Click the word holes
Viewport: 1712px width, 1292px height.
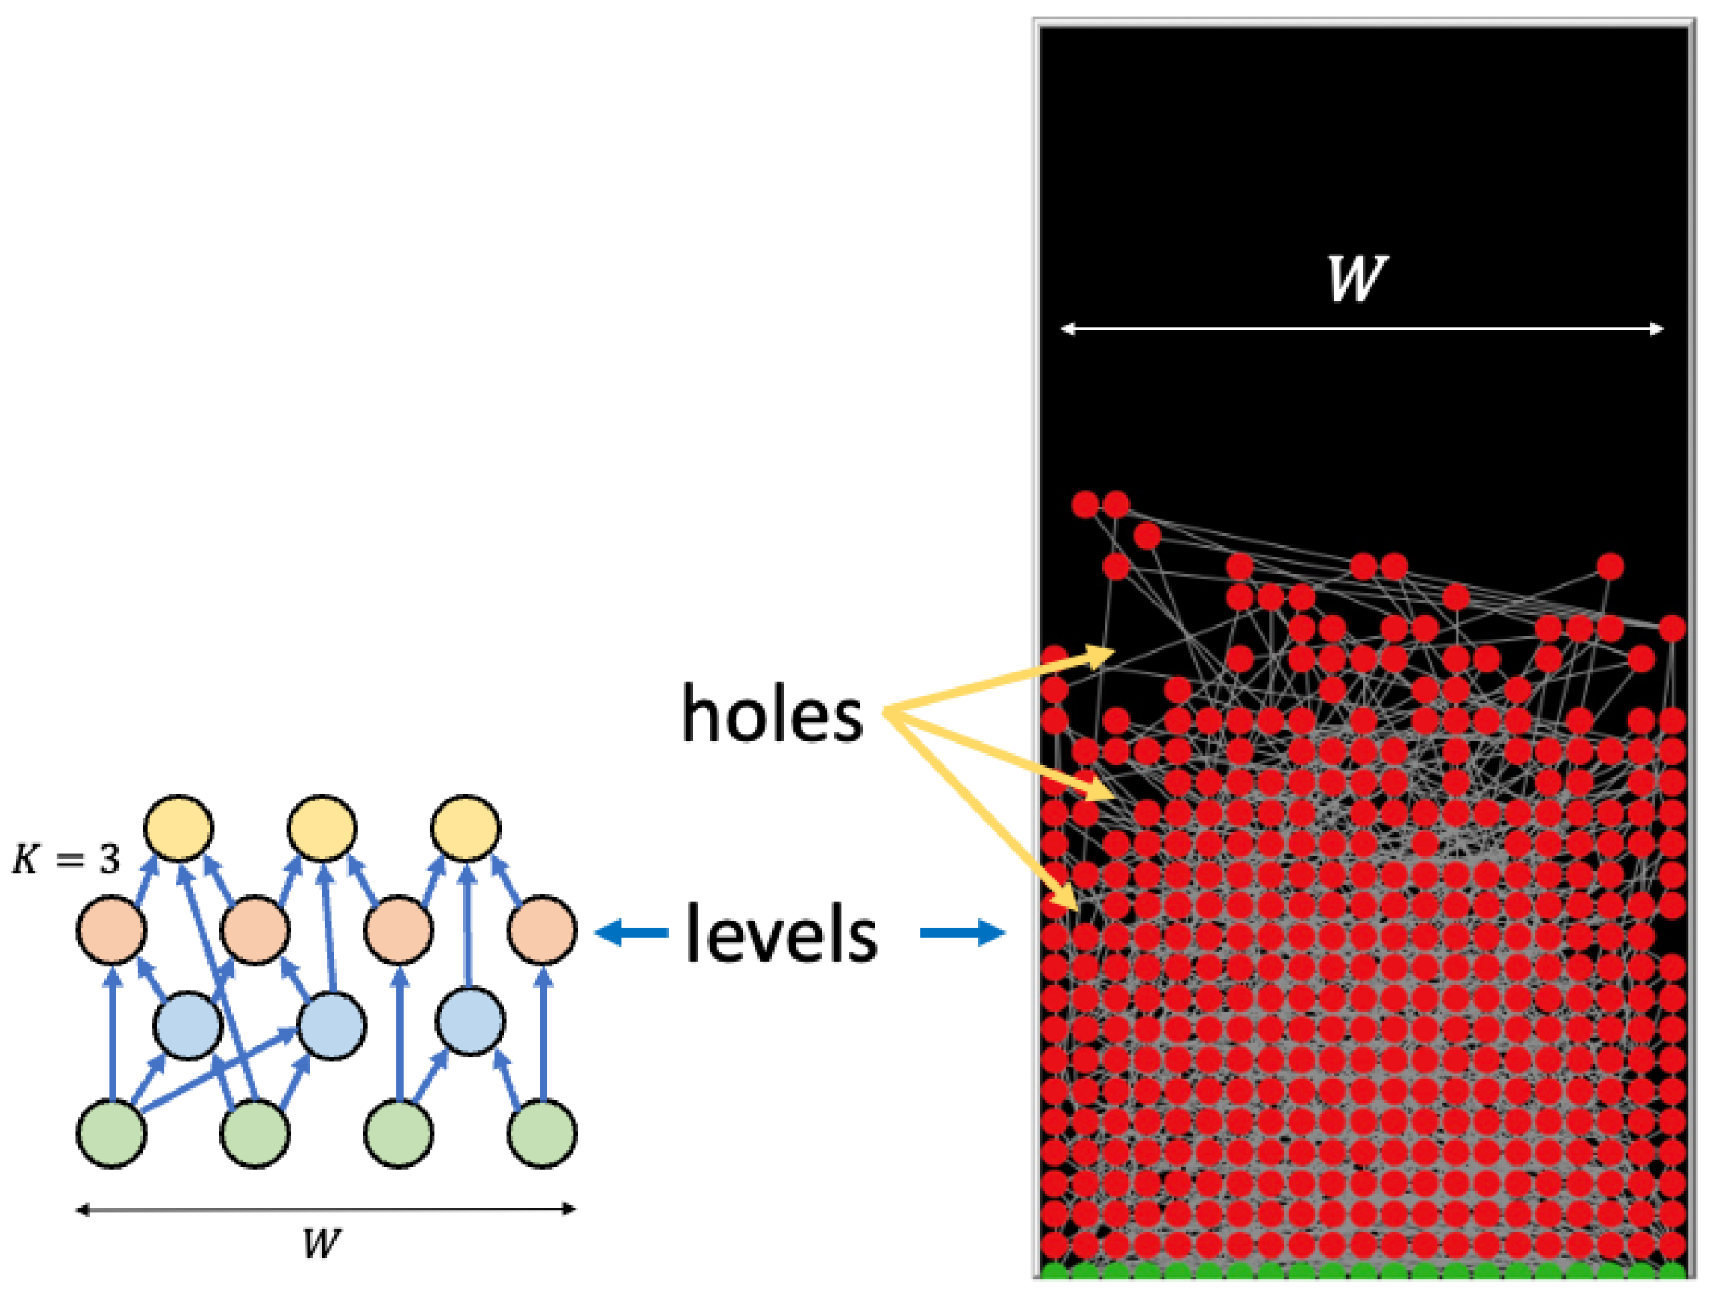pos(772,713)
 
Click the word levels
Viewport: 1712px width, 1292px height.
pos(781,934)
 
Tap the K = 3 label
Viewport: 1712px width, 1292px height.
pos(66,859)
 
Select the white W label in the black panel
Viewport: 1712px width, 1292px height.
pos(1357,278)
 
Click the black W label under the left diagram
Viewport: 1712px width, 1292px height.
pos(320,1244)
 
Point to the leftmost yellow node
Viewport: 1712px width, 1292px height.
pos(179,828)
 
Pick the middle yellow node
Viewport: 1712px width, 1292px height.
pos(322,828)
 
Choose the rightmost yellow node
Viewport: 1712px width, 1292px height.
pos(466,828)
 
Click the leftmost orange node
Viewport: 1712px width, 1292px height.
pos(111,929)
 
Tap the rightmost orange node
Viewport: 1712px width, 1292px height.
pos(542,929)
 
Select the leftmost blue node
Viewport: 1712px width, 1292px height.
pos(188,1026)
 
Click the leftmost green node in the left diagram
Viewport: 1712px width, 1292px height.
pos(111,1133)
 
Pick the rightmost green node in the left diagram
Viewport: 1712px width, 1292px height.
pos(542,1133)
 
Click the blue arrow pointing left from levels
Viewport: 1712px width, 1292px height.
pos(631,932)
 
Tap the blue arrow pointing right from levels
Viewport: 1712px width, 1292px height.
pos(962,932)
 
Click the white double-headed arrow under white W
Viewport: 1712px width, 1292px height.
pos(1362,329)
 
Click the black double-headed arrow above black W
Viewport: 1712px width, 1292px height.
pos(325,1209)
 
